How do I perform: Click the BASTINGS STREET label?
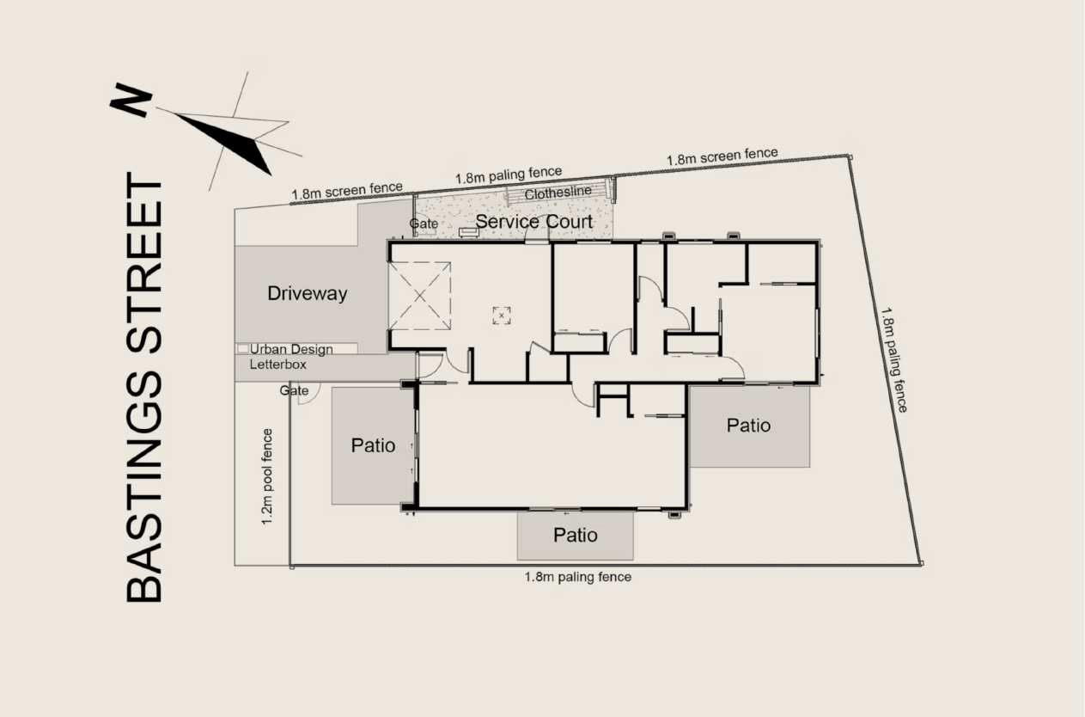[143, 388]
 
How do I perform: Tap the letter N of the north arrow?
[131, 101]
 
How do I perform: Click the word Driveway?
[307, 294]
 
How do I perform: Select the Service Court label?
[533, 222]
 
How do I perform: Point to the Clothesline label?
[558, 193]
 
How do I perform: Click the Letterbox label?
[278, 364]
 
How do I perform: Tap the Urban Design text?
[291, 349]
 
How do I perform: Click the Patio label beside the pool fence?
[373, 445]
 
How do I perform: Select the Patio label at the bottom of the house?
[576, 536]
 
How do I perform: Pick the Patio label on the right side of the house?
[748, 426]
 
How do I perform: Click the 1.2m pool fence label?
[267, 476]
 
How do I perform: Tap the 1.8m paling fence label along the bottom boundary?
[578, 577]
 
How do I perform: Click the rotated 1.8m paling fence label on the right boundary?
[893, 359]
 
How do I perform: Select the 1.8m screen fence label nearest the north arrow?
[347, 191]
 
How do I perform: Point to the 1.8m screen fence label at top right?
[722, 156]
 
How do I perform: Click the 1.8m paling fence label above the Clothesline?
[509, 175]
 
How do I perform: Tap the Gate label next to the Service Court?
[424, 224]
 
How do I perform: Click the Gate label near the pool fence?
[294, 390]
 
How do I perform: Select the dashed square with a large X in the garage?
[419, 296]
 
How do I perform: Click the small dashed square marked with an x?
[502, 316]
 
